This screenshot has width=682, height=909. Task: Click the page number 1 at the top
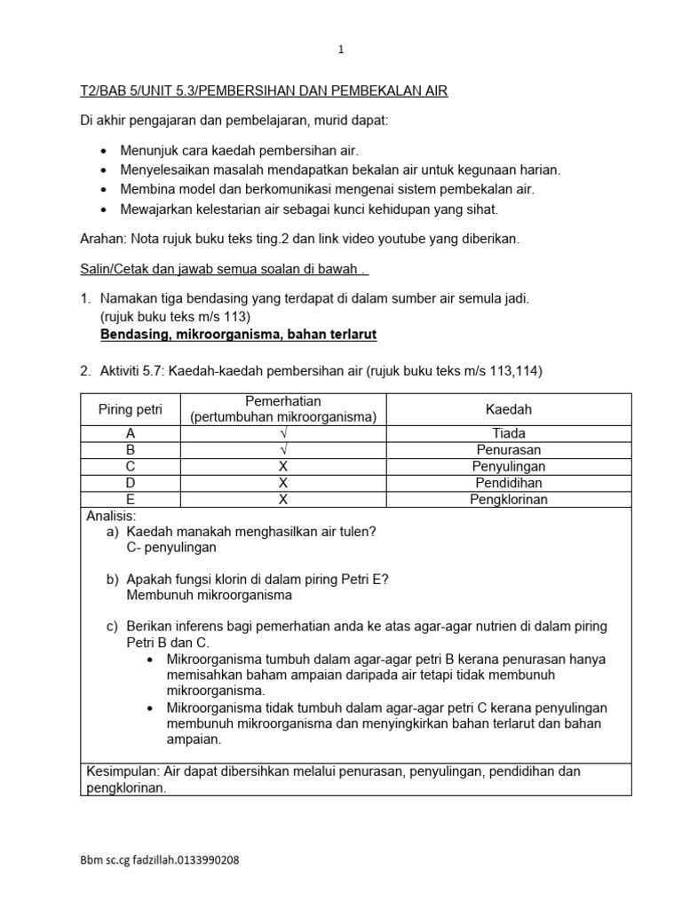pos(341,51)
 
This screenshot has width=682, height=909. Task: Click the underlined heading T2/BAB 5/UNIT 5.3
pos(264,91)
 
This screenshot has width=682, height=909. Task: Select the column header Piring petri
pos(131,409)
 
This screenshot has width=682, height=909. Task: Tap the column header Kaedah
pos(509,409)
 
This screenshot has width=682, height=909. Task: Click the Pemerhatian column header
pos(283,409)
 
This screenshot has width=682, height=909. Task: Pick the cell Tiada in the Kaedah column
pos(509,433)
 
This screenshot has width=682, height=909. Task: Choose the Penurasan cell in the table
pos(509,450)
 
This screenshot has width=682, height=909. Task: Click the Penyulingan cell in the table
pos(509,466)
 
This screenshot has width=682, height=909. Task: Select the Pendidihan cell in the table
pos(509,483)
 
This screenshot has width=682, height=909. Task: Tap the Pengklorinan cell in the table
pos(509,500)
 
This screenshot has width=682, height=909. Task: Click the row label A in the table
pos(131,433)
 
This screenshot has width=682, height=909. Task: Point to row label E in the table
pos(131,500)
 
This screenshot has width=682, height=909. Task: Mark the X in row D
pos(283,483)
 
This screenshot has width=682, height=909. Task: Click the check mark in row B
pos(283,450)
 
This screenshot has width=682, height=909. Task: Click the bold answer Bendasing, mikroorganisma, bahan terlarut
pos(239,334)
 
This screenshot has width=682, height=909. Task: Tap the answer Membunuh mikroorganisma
pos(210,595)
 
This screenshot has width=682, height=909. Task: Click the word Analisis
pos(111,516)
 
